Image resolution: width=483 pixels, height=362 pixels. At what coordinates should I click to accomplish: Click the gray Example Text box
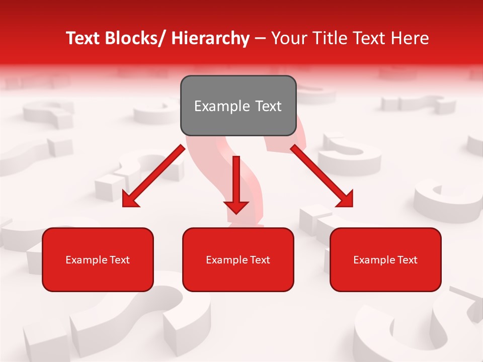point(238,106)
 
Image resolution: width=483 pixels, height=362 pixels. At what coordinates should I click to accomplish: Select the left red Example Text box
point(98,259)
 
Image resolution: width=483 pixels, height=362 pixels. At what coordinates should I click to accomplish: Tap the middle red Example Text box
point(238,259)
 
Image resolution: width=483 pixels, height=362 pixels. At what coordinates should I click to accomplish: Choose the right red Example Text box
point(385,259)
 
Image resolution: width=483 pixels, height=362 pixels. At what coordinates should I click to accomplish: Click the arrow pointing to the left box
point(153,176)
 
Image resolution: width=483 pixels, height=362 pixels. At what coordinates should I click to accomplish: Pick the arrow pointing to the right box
point(322,176)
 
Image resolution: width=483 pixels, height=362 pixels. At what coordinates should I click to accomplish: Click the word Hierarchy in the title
point(210,38)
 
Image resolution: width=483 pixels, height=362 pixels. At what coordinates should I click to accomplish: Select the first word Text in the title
point(84,38)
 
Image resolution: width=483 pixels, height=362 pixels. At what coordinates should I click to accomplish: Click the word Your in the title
point(287,38)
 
